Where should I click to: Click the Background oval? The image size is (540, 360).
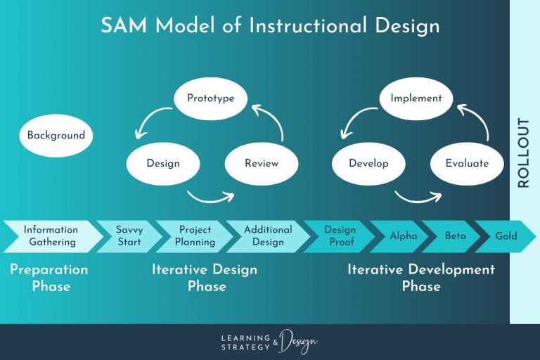tap(56, 135)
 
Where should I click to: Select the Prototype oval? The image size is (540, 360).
tap(210, 98)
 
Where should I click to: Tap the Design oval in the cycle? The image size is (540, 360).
tap(163, 163)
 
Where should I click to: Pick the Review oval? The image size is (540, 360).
tap(262, 163)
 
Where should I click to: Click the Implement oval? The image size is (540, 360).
tap(416, 98)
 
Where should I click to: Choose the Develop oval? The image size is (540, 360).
tap(368, 163)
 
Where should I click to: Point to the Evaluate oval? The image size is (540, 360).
tap(467, 163)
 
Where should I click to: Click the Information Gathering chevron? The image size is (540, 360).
tap(51, 236)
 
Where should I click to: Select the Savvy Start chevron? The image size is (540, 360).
tap(129, 236)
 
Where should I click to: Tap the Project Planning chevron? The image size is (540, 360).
tap(195, 236)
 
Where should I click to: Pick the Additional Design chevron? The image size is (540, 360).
tap(268, 236)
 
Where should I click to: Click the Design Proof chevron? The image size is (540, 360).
tap(340, 236)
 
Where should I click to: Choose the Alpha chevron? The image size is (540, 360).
tap(403, 236)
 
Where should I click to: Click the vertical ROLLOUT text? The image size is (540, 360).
tap(523, 153)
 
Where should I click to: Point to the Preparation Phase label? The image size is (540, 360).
tap(49, 278)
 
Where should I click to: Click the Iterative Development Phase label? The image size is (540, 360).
tap(421, 278)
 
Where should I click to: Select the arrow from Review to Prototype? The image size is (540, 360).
tap(271, 120)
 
